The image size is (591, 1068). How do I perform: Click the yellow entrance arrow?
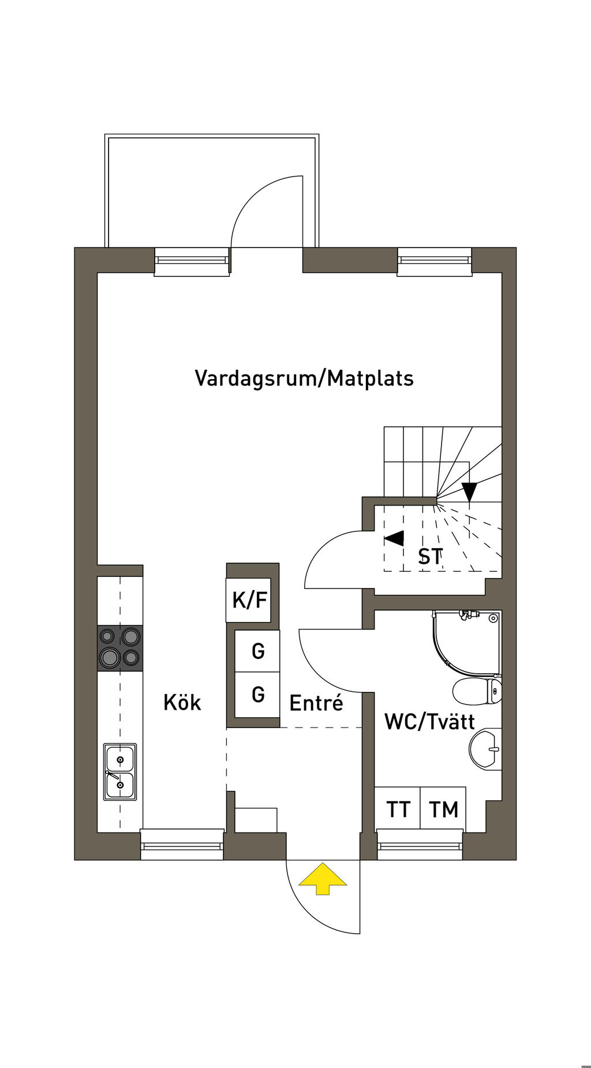click(323, 878)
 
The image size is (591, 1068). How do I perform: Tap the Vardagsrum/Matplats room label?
click(304, 379)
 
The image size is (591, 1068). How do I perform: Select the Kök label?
click(182, 703)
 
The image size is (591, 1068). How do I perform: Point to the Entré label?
click(316, 703)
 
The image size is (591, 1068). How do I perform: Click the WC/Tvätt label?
click(429, 722)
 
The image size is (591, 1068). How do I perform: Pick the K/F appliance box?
click(249, 600)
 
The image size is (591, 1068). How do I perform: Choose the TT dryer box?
click(398, 809)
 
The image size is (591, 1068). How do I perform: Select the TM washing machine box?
click(443, 809)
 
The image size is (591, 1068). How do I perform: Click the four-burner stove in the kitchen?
click(120, 648)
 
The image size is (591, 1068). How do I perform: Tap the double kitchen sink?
click(120, 771)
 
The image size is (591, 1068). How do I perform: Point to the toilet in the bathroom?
click(477, 691)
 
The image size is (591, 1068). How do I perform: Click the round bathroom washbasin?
click(485, 750)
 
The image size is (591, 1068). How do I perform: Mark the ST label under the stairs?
click(430, 557)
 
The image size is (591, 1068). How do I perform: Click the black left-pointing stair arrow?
click(395, 539)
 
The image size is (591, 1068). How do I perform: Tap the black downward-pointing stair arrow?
click(470, 491)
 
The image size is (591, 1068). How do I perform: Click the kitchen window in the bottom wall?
click(182, 845)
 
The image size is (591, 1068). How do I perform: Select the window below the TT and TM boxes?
click(420, 845)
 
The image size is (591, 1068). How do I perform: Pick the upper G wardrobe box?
click(258, 651)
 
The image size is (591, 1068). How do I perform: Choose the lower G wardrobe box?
click(258, 694)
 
